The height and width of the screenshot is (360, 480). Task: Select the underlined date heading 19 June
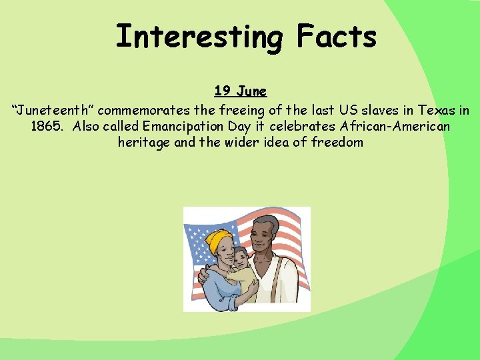pos(240,91)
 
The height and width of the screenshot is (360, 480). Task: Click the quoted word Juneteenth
pos(52,109)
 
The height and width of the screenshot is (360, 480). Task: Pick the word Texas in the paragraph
pos(438,109)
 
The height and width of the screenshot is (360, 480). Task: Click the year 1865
pos(48,125)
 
